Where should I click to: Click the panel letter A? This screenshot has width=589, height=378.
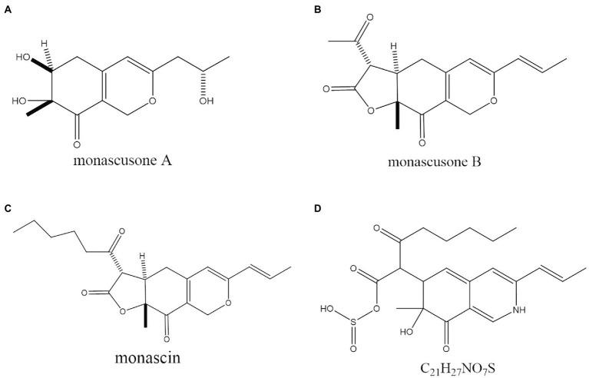click(8, 7)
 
